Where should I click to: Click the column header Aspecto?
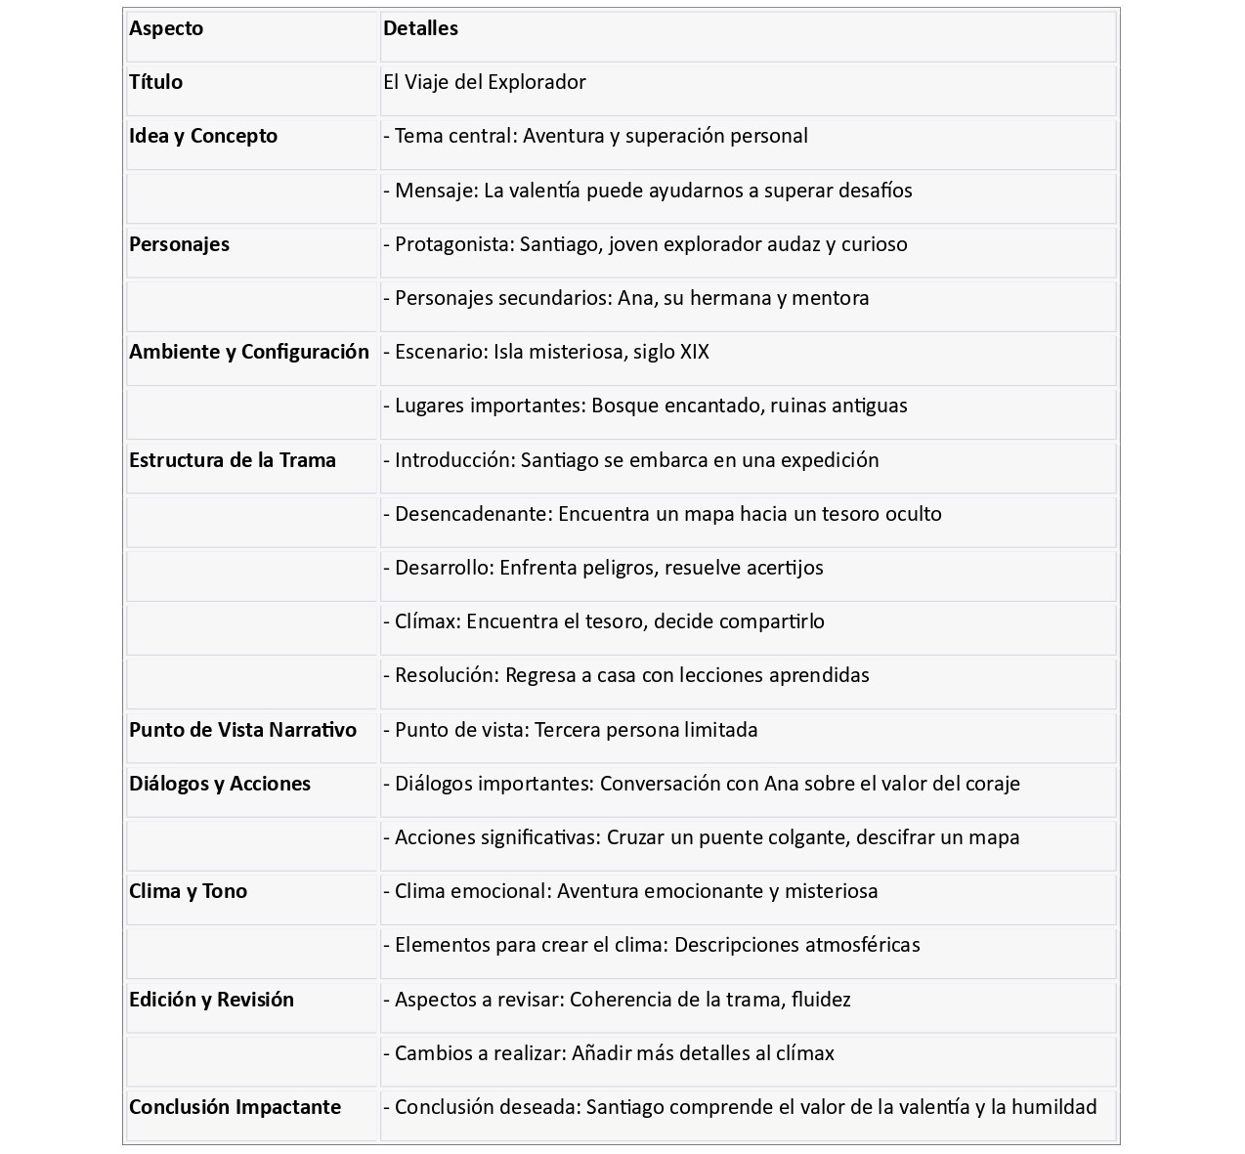pos(166,28)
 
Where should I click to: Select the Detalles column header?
pos(420,28)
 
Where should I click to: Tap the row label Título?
pos(155,82)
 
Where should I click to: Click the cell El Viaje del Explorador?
pos(485,82)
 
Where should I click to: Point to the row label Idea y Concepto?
pos(203,136)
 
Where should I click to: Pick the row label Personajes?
pos(179,244)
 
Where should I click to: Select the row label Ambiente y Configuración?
pos(249,352)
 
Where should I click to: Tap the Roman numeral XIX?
pos(694,352)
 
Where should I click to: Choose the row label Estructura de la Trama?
pos(233,460)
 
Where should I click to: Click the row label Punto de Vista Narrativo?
pos(242,730)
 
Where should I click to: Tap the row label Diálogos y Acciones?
pos(220,784)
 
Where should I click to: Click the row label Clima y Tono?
pos(188,891)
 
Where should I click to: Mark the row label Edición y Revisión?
pos(211,1000)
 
